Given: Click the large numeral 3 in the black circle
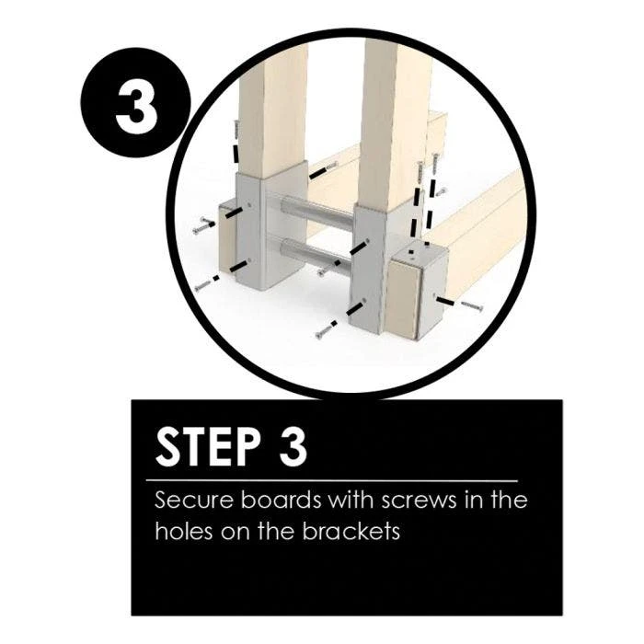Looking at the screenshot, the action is (x=136, y=102).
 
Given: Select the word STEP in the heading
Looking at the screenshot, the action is (x=208, y=446).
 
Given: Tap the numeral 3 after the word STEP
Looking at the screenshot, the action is (x=293, y=446).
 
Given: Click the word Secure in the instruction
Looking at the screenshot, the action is (x=194, y=500).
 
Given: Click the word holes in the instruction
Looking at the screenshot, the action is (x=184, y=531).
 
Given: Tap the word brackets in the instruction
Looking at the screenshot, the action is (x=351, y=531).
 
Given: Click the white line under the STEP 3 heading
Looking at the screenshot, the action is (x=332, y=479).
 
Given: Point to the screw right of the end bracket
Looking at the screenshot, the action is (x=472, y=305).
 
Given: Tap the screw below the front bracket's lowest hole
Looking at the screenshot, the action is (x=326, y=331).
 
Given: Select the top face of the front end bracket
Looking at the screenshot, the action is (x=418, y=253).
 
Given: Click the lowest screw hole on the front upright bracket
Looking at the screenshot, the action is (x=364, y=302).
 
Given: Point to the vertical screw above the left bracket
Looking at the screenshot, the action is (x=236, y=130).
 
